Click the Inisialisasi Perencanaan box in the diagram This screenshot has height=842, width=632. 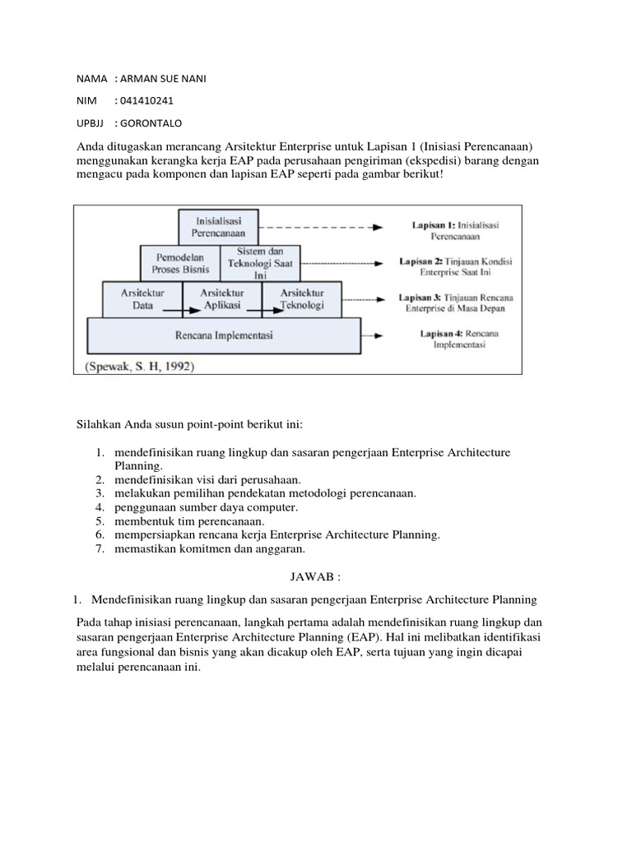(x=218, y=227)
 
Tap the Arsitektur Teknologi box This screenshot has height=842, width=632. (x=302, y=298)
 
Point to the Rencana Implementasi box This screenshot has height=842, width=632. (x=224, y=335)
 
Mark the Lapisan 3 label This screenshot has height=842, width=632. (x=455, y=302)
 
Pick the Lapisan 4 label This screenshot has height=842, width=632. (x=455, y=340)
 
